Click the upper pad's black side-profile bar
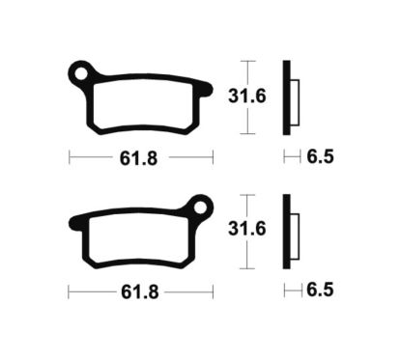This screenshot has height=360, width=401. [286, 97]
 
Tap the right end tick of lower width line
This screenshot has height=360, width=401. [213, 290]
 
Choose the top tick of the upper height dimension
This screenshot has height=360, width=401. [248, 61]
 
